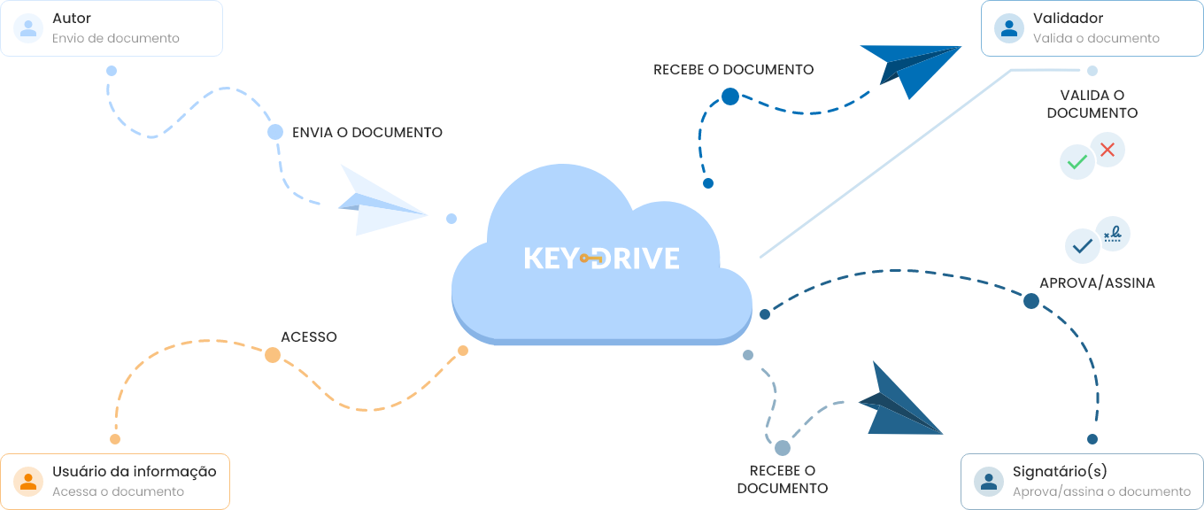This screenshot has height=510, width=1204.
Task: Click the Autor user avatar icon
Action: pos(29,27)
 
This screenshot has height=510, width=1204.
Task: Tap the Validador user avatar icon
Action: pos(1009,27)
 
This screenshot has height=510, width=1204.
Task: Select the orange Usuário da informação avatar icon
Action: pos(29,481)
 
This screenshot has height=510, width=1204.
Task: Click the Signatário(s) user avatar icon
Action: pos(989,481)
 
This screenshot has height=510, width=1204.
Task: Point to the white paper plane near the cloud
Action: pos(378,202)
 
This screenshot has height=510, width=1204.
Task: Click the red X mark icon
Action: pos(1107,150)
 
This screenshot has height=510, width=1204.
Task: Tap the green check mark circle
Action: pos(1077,162)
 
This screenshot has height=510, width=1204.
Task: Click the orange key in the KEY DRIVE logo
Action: pos(591,259)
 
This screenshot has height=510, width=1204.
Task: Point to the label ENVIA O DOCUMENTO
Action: pos(367,132)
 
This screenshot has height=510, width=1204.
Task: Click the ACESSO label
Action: pos(309,336)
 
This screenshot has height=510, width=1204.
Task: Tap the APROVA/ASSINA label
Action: pos(1097,282)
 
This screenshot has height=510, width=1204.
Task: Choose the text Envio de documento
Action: pos(116,38)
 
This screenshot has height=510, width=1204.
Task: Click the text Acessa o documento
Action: pos(118,491)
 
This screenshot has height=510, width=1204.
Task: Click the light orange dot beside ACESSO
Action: pos(273,355)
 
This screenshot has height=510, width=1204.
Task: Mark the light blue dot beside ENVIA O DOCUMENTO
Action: pos(275,132)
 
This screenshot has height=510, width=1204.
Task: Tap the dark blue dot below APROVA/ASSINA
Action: pos(1031,301)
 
